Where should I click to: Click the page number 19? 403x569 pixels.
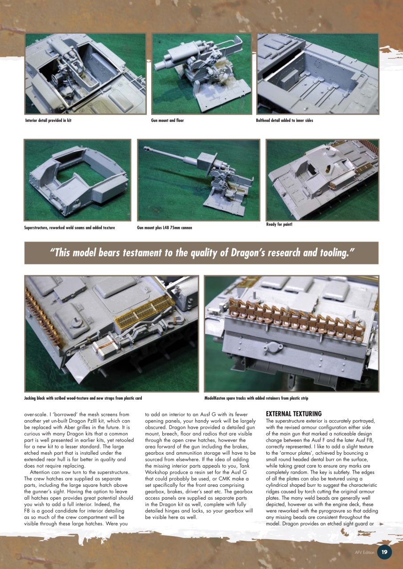(x=384, y=552)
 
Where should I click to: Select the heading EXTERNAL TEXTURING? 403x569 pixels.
(x=294, y=414)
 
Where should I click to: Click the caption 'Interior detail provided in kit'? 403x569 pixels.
(x=48, y=120)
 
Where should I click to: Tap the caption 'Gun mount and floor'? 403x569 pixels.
(x=167, y=120)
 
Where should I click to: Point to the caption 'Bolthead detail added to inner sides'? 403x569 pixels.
(x=285, y=120)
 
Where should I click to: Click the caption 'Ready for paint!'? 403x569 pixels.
(x=279, y=224)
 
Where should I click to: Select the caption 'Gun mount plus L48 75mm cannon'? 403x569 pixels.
(x=165, y=228)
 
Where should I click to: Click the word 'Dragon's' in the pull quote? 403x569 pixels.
(x=249, y=253)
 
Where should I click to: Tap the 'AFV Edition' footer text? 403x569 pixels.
(x=364, y=553)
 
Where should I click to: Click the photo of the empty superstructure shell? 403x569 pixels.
(x=77, y=180)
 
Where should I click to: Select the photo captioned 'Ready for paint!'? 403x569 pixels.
(x=322, y=180)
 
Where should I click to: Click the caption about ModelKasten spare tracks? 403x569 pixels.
(x=256, y=398)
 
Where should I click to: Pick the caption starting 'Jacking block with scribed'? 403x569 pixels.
(x=83, y=398)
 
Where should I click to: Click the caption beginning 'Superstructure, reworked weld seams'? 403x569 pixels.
(x=69, y=228)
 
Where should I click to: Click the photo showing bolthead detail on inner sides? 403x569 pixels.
(x=318, y=73)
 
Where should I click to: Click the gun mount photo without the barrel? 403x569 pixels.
(x=201, y=73)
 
